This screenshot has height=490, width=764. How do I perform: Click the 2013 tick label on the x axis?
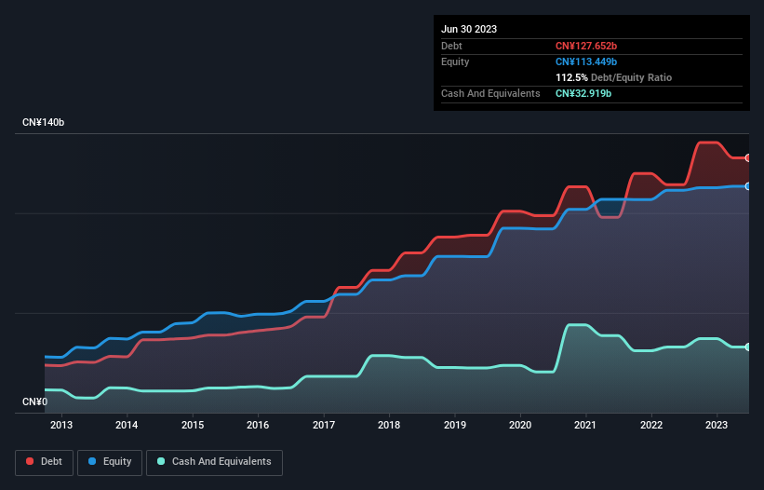click(61, 426)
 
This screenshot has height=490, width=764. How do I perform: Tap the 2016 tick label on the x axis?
click(258, 426)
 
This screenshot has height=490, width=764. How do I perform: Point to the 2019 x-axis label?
click(454, 426)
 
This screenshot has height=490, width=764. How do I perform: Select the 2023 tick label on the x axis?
click(717, 426)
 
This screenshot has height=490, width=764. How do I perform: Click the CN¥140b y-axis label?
click(43, 123)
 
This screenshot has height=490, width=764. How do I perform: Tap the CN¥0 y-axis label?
click(34, 402)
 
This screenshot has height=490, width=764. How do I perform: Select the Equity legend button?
click(110, 461)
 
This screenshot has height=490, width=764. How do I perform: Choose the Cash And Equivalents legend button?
click(214, 461)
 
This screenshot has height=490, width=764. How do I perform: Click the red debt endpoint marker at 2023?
click(748, 157)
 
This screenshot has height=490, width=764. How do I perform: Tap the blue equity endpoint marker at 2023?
click(748, 186)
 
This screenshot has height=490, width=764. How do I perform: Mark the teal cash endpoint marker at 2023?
click(748, 347)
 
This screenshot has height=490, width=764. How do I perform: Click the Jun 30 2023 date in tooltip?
click(469, 29)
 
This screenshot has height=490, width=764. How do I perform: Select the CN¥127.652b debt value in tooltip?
click(586, 46)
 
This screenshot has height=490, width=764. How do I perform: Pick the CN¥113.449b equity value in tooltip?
click(586, 61)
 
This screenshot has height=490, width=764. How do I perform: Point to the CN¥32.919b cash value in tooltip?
click(583, 93)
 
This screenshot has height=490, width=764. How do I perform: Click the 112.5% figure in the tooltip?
click(571, 77)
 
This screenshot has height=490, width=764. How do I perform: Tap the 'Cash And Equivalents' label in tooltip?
click(490, 93)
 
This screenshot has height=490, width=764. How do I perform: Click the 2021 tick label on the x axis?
click(585, 426)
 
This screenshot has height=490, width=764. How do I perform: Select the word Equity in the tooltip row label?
click(455, 61)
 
